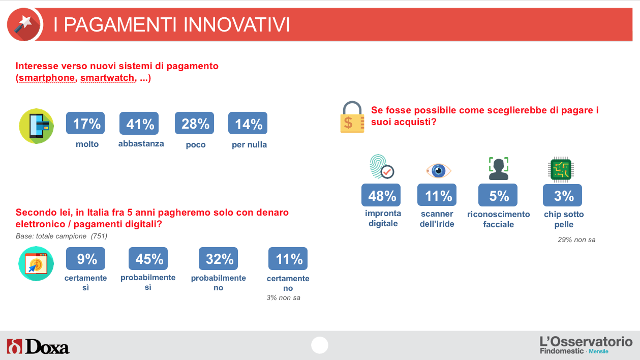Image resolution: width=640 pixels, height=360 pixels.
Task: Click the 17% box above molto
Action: coord(85,123)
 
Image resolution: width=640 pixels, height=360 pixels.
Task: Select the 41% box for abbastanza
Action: coord(139,124)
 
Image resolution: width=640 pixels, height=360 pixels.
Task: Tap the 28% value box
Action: coord(194,123)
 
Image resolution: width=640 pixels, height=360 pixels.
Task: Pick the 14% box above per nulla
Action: coord(248,123)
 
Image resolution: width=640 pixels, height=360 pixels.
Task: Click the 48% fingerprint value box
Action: coord(381,195)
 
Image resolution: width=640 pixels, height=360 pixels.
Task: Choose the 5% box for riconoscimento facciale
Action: coord(498,195)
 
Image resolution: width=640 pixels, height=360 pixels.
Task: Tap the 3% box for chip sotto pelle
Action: coord(563,195)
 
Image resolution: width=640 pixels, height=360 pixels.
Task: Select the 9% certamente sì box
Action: coord(85,259)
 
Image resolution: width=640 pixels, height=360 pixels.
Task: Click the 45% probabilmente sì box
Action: coord(148,259)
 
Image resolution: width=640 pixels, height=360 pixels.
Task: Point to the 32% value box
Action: coord(218,259)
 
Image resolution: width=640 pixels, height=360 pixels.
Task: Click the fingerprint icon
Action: coord(381,167)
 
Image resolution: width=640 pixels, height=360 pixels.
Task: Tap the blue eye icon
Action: coord(439,171)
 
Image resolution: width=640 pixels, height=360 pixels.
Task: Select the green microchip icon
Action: coord(561,169)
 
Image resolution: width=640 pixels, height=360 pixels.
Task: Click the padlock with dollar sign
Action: coord(352,117)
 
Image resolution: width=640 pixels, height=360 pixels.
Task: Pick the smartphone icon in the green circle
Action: coord(36,126)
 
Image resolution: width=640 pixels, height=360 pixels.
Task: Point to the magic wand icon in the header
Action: coord(24,24)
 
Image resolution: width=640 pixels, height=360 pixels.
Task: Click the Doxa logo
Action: coord(38,347)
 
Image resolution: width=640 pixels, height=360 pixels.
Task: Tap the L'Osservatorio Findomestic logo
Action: coord(586,345)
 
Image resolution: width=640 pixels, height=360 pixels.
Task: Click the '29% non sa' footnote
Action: coord(576,239)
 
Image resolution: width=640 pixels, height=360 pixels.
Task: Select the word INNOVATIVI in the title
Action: coord(236,24)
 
